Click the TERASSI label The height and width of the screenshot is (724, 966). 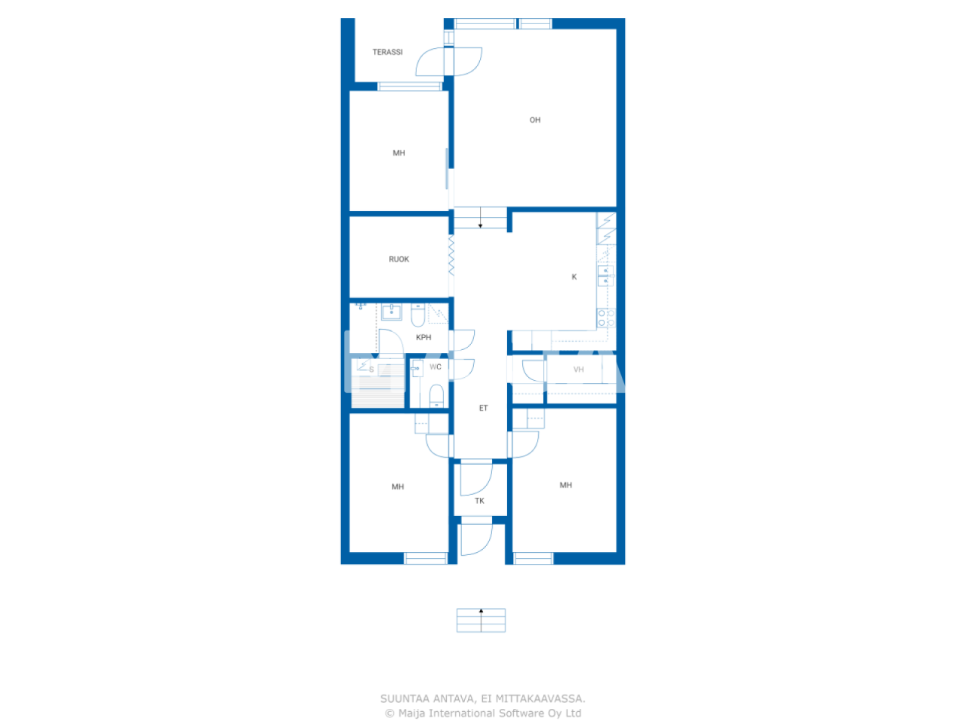387,52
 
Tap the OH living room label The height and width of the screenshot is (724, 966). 535,120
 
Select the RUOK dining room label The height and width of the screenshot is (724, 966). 398,259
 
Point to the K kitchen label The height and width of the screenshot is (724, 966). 574,277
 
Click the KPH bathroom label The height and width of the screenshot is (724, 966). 423,338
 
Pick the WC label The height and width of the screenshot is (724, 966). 435,367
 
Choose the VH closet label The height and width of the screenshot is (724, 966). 579,370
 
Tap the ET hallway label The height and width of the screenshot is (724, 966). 484,408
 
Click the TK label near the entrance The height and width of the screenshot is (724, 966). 479,501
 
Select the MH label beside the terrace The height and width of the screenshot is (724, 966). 398,153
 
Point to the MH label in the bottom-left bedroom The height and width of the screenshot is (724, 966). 398,487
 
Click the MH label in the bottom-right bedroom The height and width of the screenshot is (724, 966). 566,486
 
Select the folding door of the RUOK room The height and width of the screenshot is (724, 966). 451,256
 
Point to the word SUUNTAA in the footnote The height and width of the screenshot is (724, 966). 405,699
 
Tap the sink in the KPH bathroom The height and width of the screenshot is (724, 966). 391,311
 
